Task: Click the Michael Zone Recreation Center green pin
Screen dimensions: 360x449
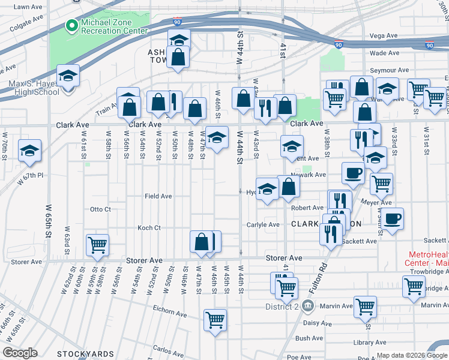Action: (71, 26)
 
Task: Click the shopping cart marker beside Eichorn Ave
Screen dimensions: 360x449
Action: (215, 319)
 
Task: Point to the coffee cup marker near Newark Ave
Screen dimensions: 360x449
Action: (353, 173)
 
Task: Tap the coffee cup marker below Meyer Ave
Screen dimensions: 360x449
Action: (393, 218)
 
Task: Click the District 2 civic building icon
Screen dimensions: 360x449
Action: (307, 306)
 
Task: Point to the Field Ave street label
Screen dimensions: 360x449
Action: (158, 196)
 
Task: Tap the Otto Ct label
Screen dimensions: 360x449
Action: (100, 209)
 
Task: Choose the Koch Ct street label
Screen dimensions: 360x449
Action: (149, 228)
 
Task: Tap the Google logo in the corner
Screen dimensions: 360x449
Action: (20, 353)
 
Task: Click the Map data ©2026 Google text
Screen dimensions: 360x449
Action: (412, 355)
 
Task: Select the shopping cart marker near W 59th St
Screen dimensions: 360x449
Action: (97, 245)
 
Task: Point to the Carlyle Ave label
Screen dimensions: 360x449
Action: (263, 225)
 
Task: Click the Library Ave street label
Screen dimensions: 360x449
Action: (370, 343)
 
